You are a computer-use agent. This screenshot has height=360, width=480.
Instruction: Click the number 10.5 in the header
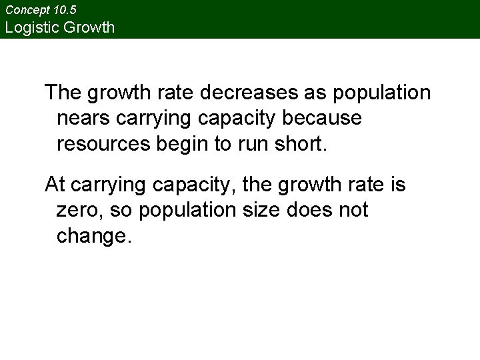[65, 10]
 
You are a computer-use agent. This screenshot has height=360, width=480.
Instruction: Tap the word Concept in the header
[27, 10]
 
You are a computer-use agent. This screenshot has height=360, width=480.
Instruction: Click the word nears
[85, 118]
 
